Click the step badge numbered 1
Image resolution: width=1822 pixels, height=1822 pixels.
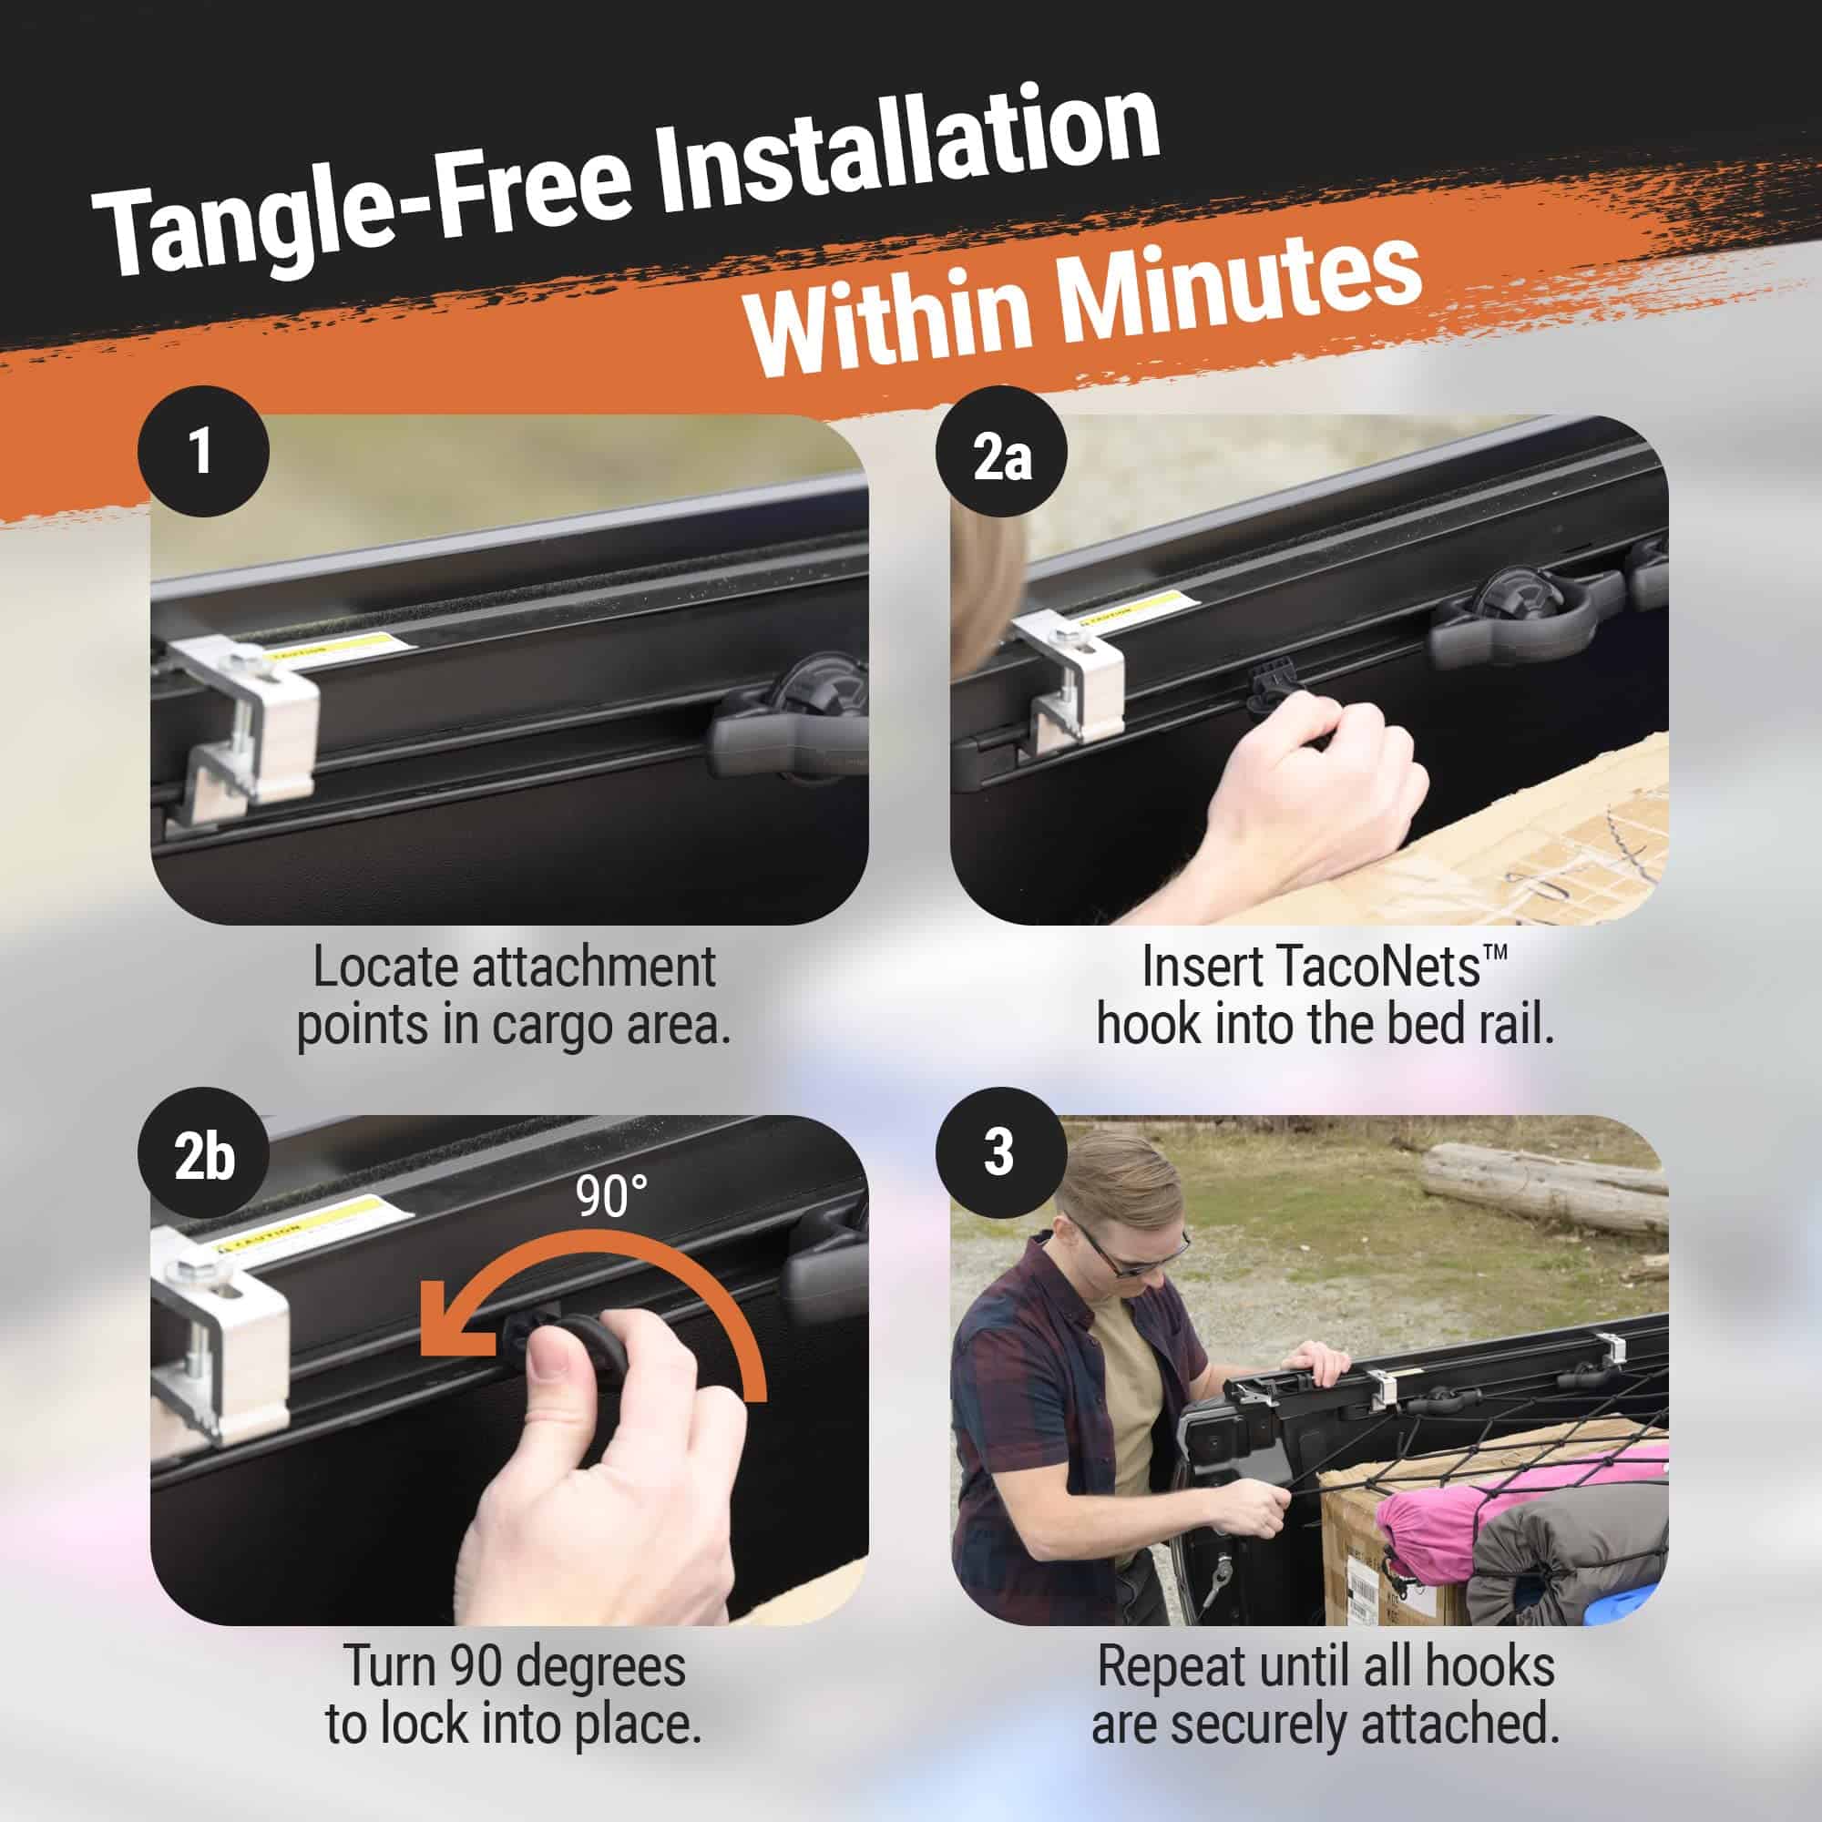click(x=203, y=451)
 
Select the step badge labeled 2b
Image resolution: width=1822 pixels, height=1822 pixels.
click(x=203, y=1153)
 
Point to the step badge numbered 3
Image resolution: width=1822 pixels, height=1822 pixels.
click(x=1001, y=1153)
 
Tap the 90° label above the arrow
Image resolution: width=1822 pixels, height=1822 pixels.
click(x=612, y=1197)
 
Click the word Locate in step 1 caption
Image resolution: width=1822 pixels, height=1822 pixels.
click(x=386, y=967)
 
